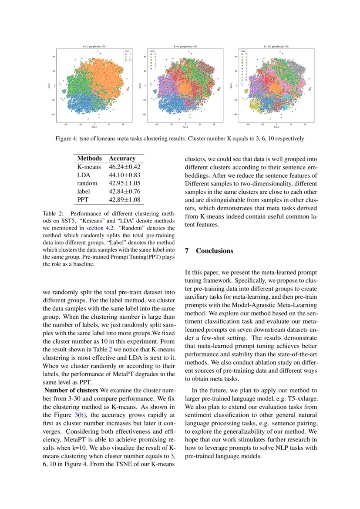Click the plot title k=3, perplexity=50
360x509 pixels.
[x=94, y=46]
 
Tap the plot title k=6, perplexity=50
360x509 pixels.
[x=185, y=46]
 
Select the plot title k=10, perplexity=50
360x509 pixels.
[x=276, y=46]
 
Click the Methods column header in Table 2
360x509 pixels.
[x=89, y=158]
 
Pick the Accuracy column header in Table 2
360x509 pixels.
[x=122, y=158]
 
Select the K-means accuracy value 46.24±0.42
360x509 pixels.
[x=124, y=167]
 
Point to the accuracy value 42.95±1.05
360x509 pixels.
[x=124, y=183]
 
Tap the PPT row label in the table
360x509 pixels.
[x=83, y=200]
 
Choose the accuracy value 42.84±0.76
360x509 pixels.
[x=124, y=192]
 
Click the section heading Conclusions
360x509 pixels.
[x=215, y=251]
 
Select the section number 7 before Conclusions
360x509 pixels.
[x=187, y=251]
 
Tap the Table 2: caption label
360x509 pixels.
[x=53, y=214]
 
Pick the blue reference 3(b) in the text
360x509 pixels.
[x=81, y=415]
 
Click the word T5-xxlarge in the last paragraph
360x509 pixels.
[x=303, y=398]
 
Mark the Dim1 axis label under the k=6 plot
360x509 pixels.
[x=185, y=128]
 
